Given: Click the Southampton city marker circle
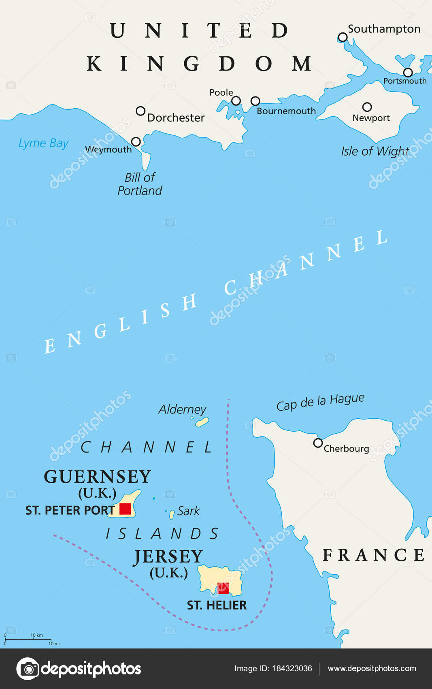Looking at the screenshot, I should click(343, 37).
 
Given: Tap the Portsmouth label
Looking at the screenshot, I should click(404, 81).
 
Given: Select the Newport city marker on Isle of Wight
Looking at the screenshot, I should click(367, 107).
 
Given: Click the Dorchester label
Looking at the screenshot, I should click(176, 118).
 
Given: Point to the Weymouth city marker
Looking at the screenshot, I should click(136, 141).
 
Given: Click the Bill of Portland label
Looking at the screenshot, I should click(140, 184).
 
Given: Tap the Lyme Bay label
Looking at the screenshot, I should click(43, 143).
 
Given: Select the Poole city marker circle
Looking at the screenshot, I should click(236, 101).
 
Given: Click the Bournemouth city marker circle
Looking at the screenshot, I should click(255, 101).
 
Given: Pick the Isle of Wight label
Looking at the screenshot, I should click(375, 151).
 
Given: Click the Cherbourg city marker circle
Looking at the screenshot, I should click(318, 443).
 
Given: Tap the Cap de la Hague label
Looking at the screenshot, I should click(320, 402).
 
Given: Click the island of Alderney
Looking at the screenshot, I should click(202, 422).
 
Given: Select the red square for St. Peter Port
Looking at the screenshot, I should click(125, 509).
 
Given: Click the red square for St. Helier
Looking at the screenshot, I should click(223, 588).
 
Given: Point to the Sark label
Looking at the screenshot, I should click(189, 511).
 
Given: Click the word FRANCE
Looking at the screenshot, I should click(373, 555).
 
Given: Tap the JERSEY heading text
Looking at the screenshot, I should click(168, 556).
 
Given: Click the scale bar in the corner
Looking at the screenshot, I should click(28, 640).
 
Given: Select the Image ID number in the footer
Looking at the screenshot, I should click(292, 668).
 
